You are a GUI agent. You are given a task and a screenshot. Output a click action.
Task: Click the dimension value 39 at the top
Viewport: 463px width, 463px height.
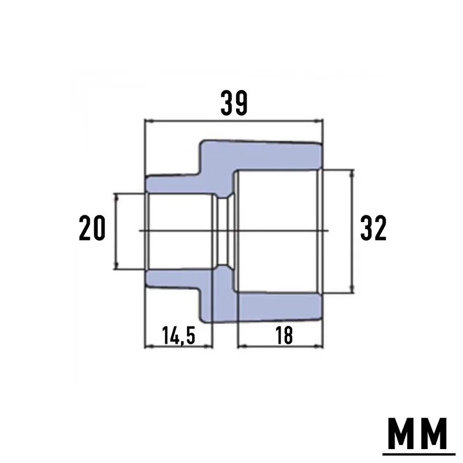[234, 103]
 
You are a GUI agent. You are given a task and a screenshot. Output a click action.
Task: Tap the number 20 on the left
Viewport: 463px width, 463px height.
[92, 227]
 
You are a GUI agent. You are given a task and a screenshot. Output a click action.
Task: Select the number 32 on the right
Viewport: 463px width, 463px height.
[373, 227]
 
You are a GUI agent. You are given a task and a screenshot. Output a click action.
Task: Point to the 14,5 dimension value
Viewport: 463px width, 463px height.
[179, 336]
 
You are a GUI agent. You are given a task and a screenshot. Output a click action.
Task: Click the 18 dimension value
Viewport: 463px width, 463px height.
[284, 336]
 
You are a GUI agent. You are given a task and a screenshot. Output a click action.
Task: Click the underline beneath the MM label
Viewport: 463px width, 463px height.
[418, 454]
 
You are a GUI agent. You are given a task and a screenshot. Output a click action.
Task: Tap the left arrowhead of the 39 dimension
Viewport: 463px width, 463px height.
[148, 121]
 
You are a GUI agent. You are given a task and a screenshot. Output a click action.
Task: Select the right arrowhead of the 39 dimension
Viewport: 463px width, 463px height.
[319, 121]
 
